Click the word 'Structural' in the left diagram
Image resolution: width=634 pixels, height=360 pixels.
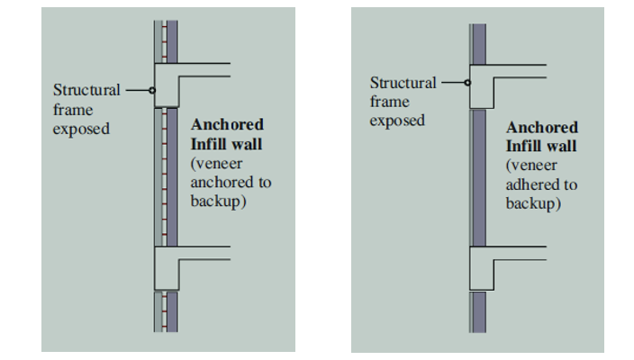[x=86, y=91]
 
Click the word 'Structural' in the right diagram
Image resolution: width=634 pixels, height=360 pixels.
[x=403, y=83]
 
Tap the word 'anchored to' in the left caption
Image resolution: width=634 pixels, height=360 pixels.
[x=231, y=183]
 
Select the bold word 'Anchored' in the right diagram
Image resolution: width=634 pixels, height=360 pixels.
[x=542, y=127]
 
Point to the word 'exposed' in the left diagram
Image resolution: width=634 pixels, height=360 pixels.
[x=81, y=129]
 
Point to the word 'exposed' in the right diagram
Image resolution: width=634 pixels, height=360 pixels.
[x=397, y=121]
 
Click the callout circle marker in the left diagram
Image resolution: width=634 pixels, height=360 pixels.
[x=152, y=91]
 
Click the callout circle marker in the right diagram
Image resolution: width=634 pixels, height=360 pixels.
[x=468, y=83]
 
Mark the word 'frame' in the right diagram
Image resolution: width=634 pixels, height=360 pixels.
[x=389, y=102]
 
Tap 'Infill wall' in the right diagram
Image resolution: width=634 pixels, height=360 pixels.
[x=541, y=146]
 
